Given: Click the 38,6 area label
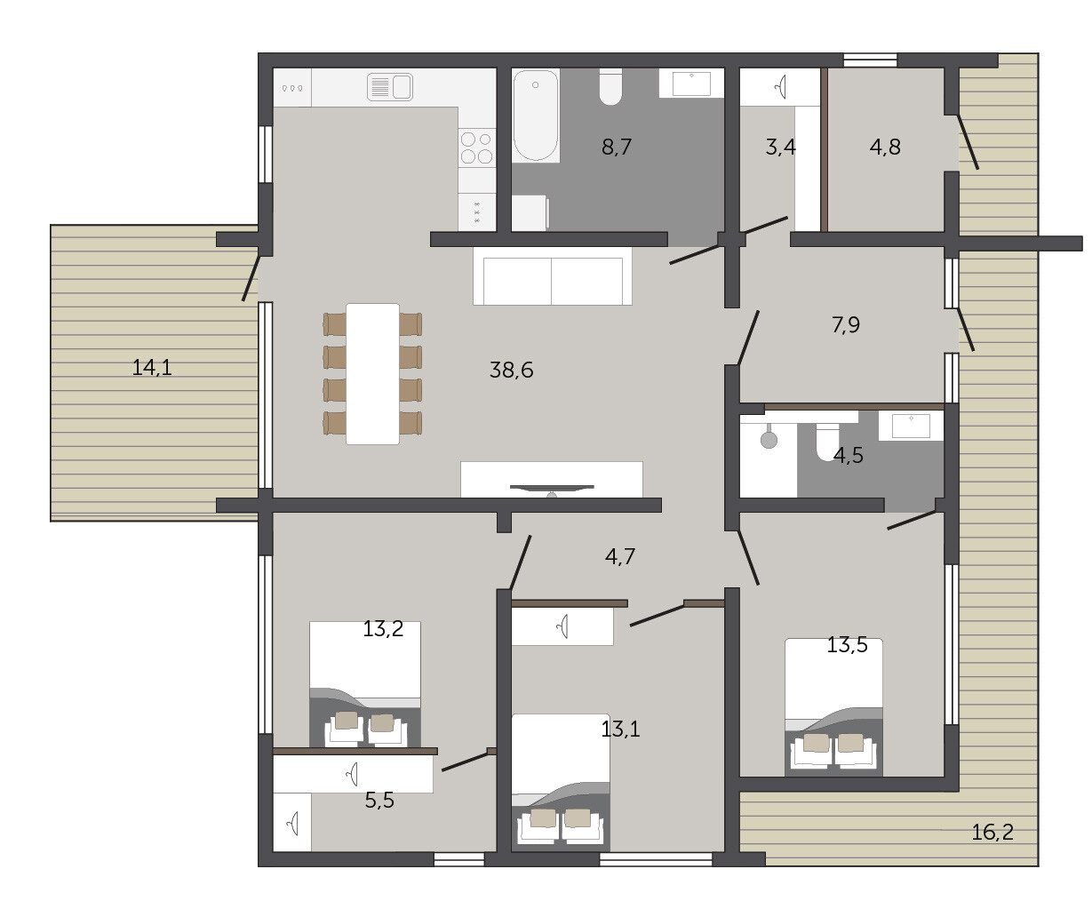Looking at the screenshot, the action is [x=511, y=371].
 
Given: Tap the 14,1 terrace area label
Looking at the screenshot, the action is [x=152, y=367].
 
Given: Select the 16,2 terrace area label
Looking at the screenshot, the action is [x=992, y=833].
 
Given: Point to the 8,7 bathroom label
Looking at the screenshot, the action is [x=616, y=147].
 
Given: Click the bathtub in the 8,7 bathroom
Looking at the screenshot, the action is [x=535, y=116].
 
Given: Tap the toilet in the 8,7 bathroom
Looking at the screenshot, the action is [x=610, y=86].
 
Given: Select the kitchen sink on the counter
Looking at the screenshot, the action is [x=390, y=87].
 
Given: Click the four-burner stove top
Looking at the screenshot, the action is [x=476, y=148].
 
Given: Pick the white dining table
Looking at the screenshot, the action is [x=372, y=374].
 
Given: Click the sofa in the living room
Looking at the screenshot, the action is [x=553, y=275].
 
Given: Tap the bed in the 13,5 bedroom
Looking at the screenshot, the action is [x=833, y=707].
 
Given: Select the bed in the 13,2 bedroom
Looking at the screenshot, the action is [x=365, y=684].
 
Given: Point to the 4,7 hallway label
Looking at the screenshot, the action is [x=619, y=556].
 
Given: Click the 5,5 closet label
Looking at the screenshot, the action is [x=379, y=801].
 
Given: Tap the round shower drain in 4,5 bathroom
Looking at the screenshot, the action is [x=769, y=440].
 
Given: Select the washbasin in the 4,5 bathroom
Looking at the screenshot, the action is [x=911, y=426].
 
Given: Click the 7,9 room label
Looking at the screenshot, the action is [x=845, y=325].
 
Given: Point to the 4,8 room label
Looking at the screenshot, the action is [x=885, y=148].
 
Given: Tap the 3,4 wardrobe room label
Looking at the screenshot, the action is [x=780, y=148].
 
